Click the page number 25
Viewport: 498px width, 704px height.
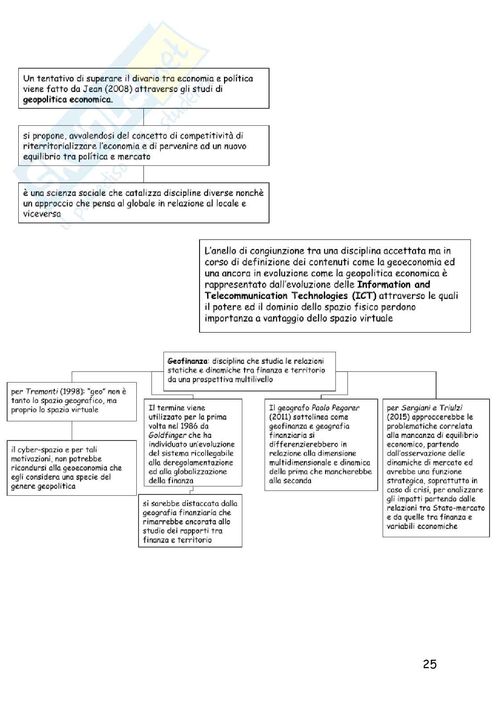pos(429,665)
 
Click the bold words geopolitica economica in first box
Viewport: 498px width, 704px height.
pos(68,99)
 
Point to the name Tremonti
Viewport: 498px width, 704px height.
pos(40,391)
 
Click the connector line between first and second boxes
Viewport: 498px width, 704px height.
pos(143,117)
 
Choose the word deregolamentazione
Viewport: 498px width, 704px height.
pos(197,462)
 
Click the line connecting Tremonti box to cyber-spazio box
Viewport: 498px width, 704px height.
pos(72,431)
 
